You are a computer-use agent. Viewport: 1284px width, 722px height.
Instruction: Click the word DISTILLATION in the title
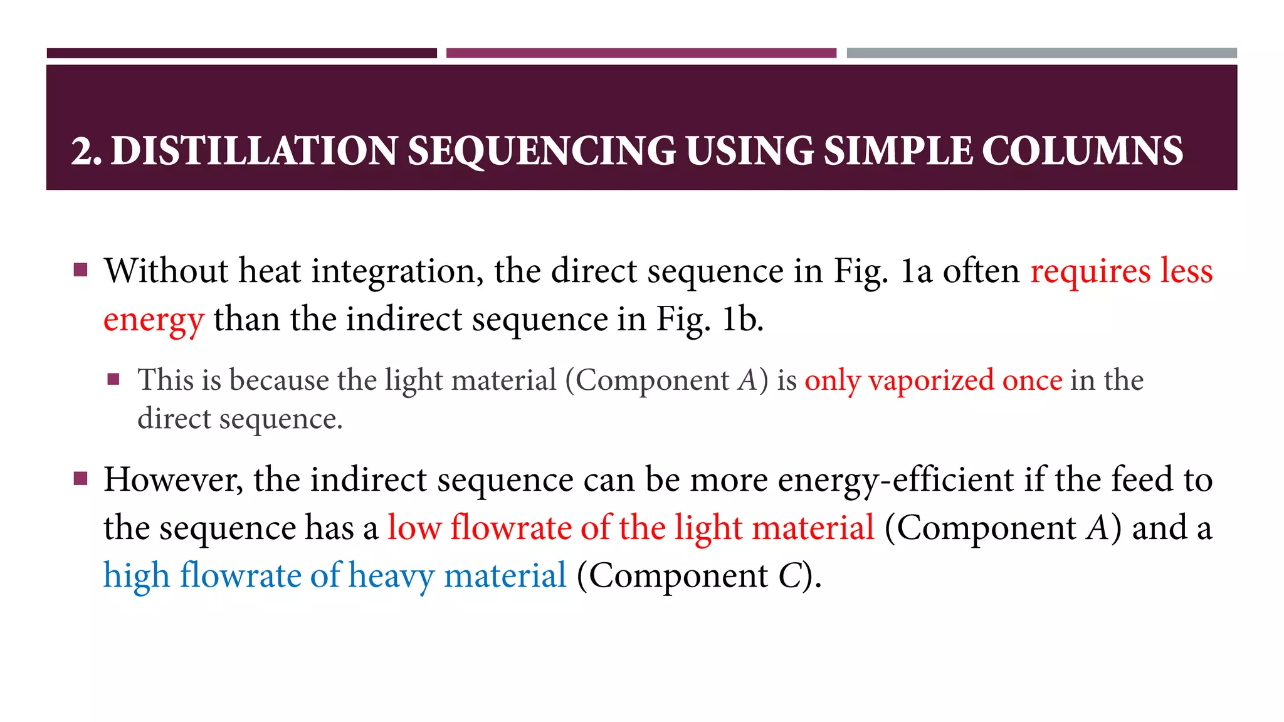point(254,151)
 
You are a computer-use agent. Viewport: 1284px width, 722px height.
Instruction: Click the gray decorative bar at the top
point(1041,53)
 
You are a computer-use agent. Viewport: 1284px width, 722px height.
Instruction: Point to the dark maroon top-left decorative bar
point(241,53)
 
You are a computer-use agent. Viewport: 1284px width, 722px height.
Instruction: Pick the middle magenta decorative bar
point(641,53)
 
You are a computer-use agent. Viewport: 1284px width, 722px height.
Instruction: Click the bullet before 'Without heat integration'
point(80,270)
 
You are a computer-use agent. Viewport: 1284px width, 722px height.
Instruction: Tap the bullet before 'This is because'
point(113,379)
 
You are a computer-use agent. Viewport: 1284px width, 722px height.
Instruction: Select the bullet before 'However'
point(80,479)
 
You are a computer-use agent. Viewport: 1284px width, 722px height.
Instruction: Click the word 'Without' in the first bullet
point(166,271)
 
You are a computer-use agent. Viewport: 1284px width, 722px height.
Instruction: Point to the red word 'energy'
point(154,320)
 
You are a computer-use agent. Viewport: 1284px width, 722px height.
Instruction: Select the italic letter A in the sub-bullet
point(747,380)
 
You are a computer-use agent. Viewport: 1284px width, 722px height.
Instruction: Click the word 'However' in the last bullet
point(174,479)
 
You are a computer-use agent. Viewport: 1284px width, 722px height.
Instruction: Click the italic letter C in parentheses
point(790,575)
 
